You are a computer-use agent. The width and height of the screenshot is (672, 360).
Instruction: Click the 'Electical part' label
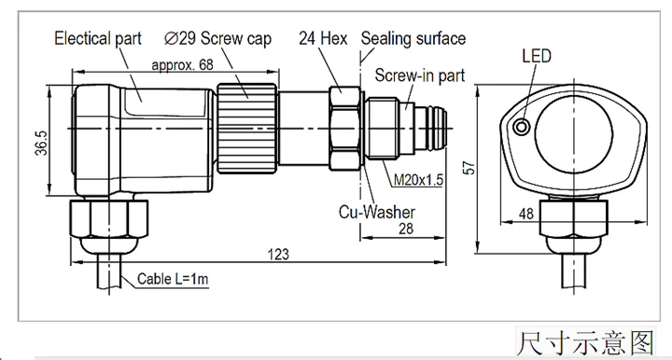pyautogui.click(x=98, y=38)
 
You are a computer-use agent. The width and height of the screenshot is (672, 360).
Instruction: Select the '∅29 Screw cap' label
pyautogui.click(x=217, y=38)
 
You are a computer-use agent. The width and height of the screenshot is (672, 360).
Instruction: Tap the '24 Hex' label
pyautogui.click(x=323, y=38)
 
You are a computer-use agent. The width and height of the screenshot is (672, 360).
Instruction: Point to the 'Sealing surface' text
pyautogui.click(x=413, y=39)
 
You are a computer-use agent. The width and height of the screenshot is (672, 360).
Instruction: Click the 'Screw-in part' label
pyautogui.click(x=420, y=76)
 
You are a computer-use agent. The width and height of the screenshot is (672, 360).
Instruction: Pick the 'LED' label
pyautogui.click(x=537, y=56)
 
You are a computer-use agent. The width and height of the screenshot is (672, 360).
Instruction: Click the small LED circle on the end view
pyautogui.click(x=522, y=127)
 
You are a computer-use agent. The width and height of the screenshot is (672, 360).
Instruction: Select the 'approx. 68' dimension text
pyautogui.click(x=182, y=65)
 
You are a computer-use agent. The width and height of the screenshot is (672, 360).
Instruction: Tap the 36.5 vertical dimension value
pyautogui.click(x=42, y=143)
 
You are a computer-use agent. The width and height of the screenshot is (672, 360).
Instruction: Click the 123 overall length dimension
pyautogui.click(x=278, y=255)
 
